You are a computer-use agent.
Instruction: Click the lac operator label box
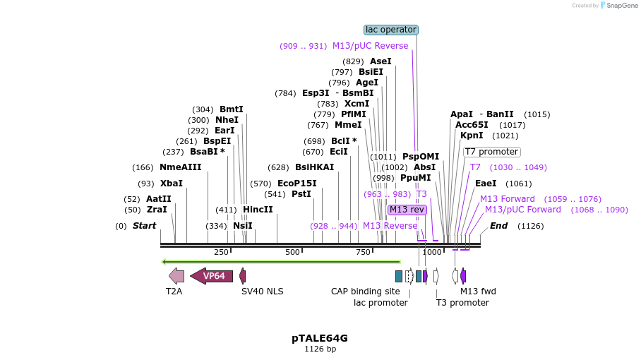click(x=391, y=30)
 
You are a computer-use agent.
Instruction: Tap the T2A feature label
click(x=174, y=291)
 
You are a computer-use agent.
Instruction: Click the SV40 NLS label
click(x=262, y=291)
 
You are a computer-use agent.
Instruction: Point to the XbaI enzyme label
click(x=171, y=184)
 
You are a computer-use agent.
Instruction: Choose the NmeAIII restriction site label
click(x=180, y=167)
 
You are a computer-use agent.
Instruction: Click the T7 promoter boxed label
click(x=491, y=152)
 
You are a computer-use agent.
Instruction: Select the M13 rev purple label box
click(x=407, y=210)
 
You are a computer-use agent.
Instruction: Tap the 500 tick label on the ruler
click(x=292, y=253)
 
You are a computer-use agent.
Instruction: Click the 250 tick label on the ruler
click(x=221, y=253)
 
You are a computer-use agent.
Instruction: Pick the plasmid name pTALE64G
click(x=320, y=338)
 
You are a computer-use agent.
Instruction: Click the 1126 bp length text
click(x=320, y=349)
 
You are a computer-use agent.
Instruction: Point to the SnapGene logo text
click(x=618, y=6)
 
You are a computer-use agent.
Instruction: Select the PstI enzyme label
click(x=301, y=194)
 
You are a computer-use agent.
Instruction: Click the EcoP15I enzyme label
click(x=296, y=184)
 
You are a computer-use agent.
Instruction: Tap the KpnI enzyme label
click(x=472, y=136)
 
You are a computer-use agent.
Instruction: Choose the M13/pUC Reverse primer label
click(x=370, y=46)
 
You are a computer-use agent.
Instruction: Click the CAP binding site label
click(x=365, y=291)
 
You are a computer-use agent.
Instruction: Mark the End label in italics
click(x=498, y=226)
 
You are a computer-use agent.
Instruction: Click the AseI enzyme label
click(x=381, y=61)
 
